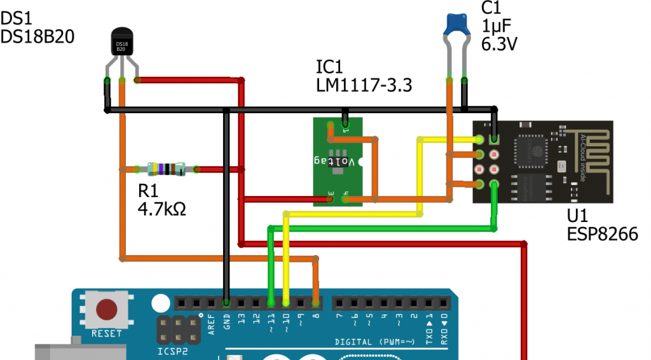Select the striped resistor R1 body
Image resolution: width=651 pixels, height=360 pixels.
pos(166,169)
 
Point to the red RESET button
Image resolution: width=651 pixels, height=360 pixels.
pos(106,310)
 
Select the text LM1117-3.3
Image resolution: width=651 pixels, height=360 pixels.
pos(364,85)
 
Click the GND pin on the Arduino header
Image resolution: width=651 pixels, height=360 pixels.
pos(226,302)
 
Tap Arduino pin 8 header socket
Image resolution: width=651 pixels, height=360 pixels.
pos(316,302)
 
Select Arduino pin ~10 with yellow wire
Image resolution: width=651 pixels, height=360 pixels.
pos(286,302)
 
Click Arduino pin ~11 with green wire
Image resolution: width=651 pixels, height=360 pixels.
pos(271,302)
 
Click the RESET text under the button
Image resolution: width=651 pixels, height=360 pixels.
pos(106,333)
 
